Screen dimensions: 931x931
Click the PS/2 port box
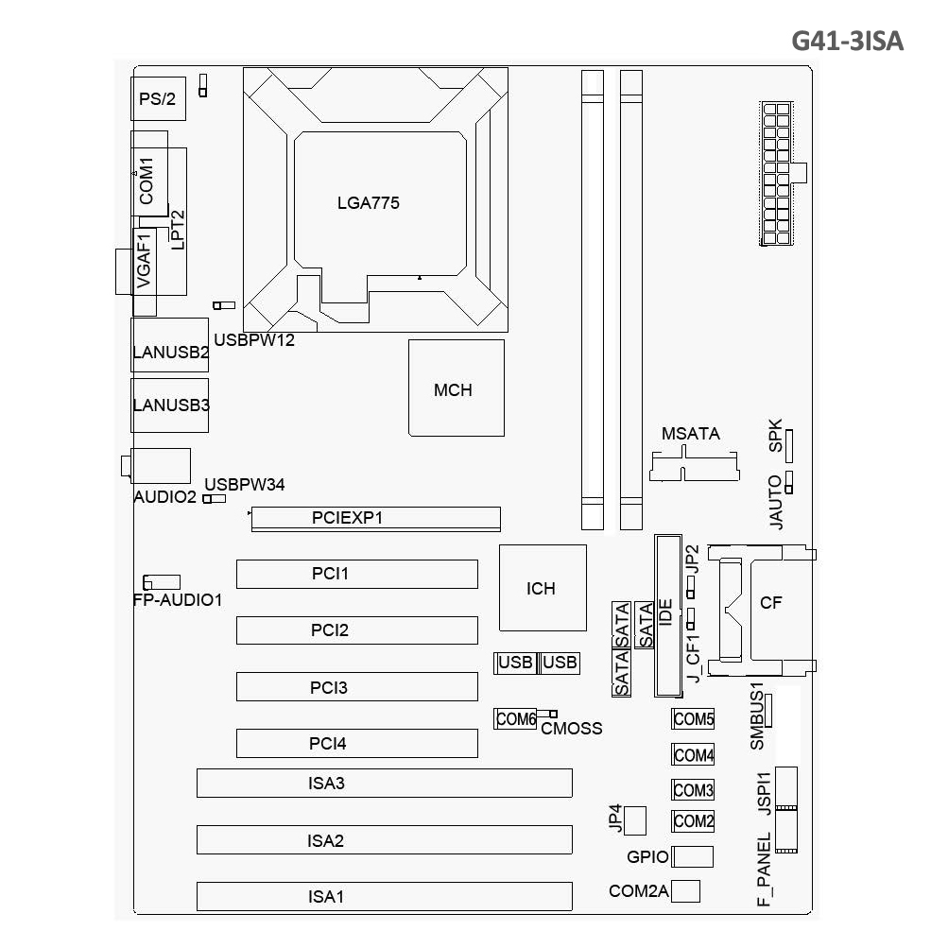click(158, 98)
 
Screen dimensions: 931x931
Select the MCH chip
click(456, 388)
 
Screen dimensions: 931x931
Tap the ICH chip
click(543, 588)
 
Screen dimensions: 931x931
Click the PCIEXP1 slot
click(376, 518)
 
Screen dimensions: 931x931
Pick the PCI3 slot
click(357, 687)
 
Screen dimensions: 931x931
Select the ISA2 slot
click(384, 839)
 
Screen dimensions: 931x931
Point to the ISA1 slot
click(384, 896)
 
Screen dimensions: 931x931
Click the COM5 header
click(693, 719)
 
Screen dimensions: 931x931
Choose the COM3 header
click(693, 789)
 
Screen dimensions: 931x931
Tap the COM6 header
click(515, 719)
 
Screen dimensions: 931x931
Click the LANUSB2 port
click(170, 345)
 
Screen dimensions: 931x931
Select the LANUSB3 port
click(170, 405)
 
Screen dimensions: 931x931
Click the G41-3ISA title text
click(847, 41)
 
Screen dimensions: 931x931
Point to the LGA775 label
click(368, 203)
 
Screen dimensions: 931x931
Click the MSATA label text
click(691, 434)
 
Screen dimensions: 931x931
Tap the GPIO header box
click(692, 856)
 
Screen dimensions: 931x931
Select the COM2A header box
click(686, 891)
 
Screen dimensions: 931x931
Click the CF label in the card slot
click(770, 603)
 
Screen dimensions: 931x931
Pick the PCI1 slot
click(357, 574)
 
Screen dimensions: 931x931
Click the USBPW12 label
click(254, 340)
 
